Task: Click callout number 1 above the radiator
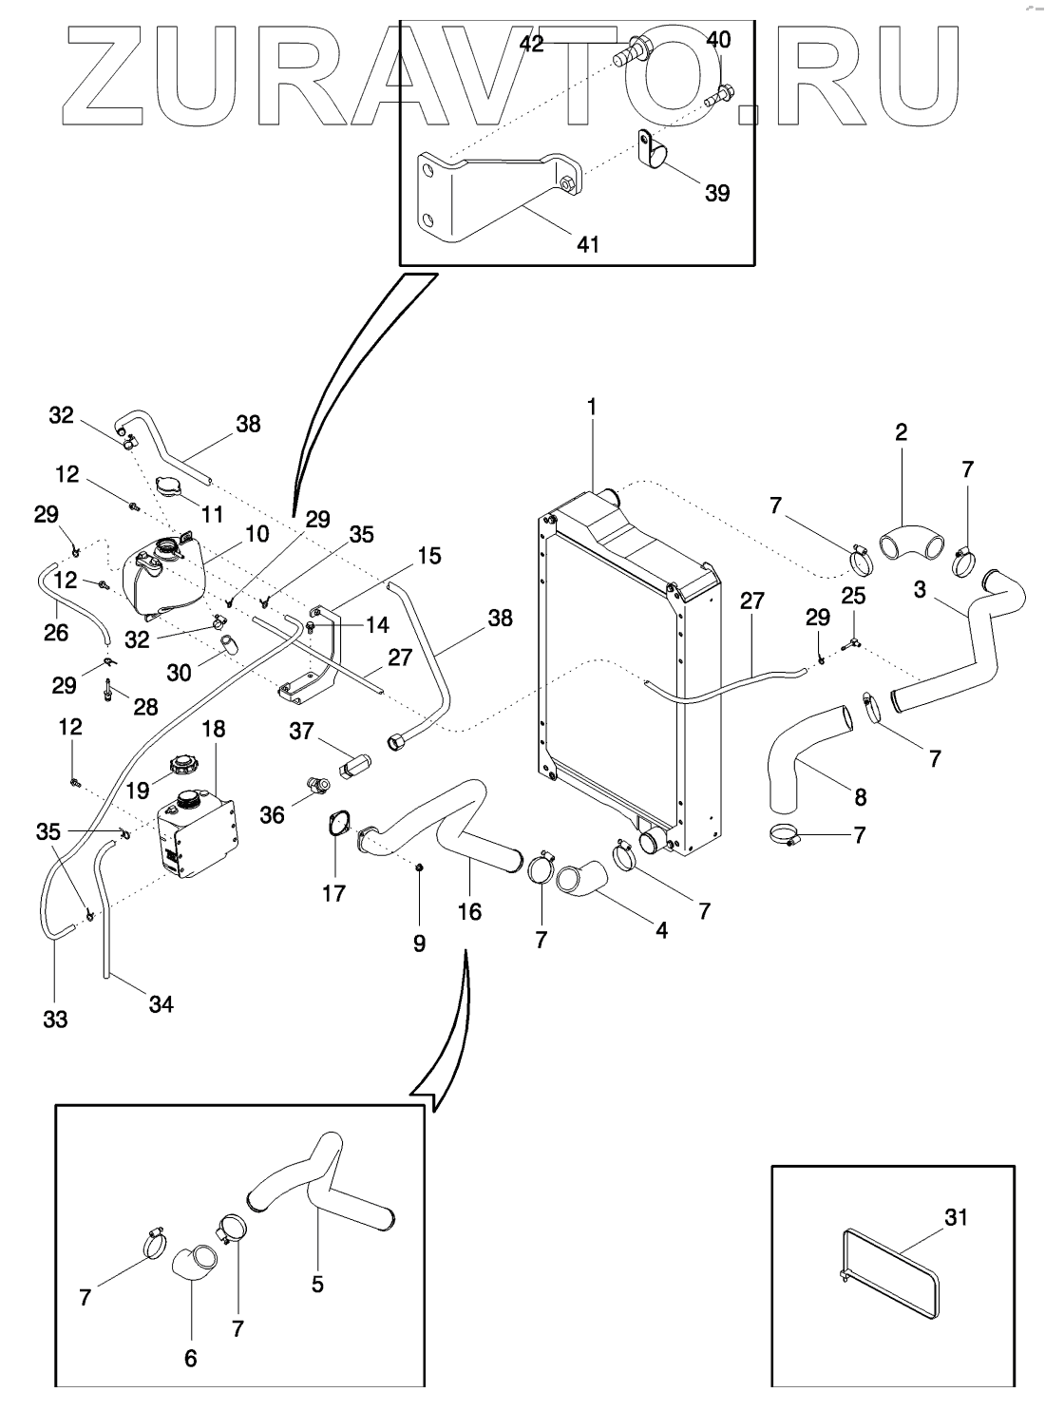592,407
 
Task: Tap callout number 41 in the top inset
588,244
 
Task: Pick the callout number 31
955,1216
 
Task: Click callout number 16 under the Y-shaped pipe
469,912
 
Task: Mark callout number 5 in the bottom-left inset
317,1284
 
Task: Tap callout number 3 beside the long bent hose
920,589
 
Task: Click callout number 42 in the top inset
532,44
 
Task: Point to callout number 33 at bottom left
55,1020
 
